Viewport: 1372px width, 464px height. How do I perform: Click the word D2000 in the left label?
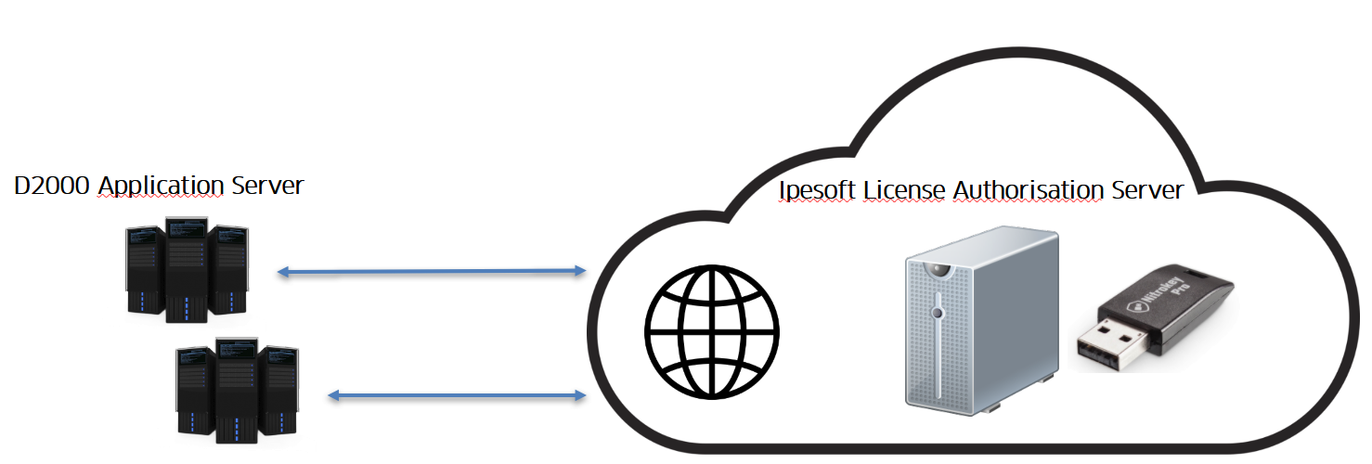pyautogui.click(x=52, y=186)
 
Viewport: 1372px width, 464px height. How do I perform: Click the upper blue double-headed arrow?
pyautogui.click(x=433, y=271)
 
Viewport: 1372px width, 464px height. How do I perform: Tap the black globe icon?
pyautogui.click(x=712, y=332)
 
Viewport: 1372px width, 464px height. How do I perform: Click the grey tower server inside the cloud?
pyautogui.click(x=981, y=316)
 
